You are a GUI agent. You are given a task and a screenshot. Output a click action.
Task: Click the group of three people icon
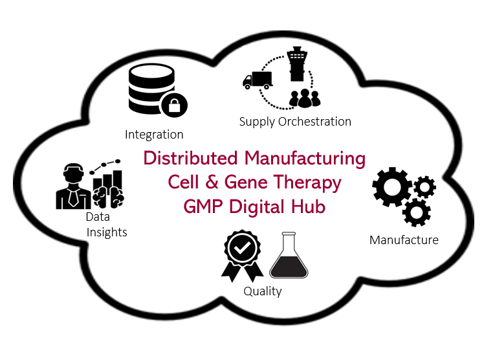(x=304, y=98)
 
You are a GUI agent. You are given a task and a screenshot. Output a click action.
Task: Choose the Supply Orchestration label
(x=295, y=122)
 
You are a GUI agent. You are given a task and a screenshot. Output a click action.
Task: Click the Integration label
(x=154, y=135)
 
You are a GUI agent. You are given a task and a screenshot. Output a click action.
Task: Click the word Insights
(x=107, y=232)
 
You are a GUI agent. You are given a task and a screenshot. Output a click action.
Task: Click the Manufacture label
(x=404, y=240)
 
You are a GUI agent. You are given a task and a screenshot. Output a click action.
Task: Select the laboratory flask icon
(x=288, y=257)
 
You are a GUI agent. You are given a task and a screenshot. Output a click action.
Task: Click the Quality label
(x=263, y=291)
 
